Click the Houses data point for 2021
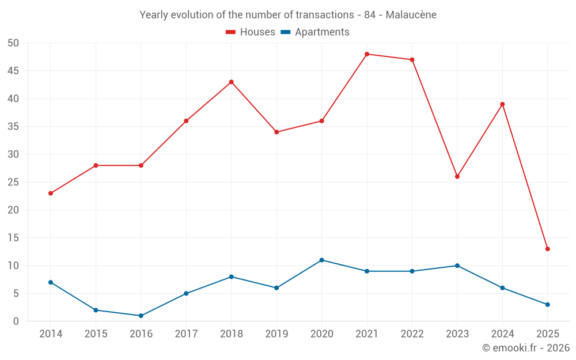(x=367, y=54)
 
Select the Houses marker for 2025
(x=548, y=249)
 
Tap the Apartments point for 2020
(x=322, y=260)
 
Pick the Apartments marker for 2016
(x=141, y=316)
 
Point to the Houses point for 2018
(x=232, y=82)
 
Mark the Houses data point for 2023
(x=457, y=176)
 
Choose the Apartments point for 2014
(x=51, y=282)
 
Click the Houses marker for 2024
(x=502, y=104)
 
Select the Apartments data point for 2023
(x=457, y=266)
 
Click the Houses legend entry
(x=251, y=32)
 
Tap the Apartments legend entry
(x=315, y=32)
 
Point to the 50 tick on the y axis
(x=13, y=43)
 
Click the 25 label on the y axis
(x=13, y=182)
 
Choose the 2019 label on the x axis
(x=276, y=334)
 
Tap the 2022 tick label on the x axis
(x=412, y=334)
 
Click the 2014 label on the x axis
(x=51, y=334)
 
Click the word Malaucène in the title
(x=411, y=15)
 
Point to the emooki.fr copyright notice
(x=526, y=348)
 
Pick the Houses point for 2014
(x=51, y=193)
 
